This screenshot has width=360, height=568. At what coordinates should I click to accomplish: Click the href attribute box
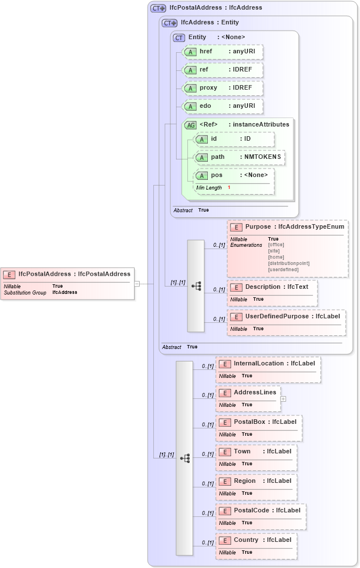pos(223,52)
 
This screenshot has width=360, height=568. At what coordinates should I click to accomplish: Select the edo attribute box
pos(223,106)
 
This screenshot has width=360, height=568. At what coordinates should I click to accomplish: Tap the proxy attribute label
pos(208,88)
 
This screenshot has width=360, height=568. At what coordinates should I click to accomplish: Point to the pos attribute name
pos(216,175)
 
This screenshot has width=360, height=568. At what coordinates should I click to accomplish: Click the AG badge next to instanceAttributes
pos(190,125)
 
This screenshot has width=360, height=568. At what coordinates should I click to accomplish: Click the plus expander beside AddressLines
pos(283,399)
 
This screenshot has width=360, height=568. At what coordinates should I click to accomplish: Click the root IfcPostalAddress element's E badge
pos(10,275)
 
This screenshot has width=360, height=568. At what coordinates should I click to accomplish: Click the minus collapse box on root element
pos(137,284)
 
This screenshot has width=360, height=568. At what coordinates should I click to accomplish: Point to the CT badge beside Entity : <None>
pos(179,37)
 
